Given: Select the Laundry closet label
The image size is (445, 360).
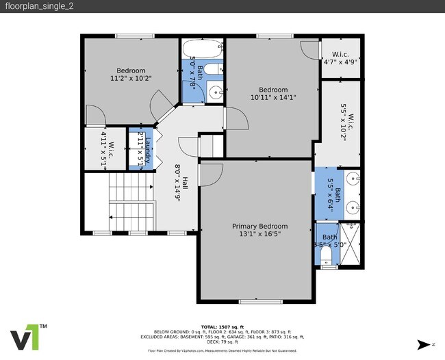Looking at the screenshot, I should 147,149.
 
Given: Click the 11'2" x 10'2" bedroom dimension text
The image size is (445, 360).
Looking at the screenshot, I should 130,79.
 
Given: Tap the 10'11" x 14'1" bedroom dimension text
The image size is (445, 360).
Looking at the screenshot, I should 272,99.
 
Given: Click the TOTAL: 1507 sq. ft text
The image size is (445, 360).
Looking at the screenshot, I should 222,327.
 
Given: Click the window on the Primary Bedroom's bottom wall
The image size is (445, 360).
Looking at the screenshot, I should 259,302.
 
